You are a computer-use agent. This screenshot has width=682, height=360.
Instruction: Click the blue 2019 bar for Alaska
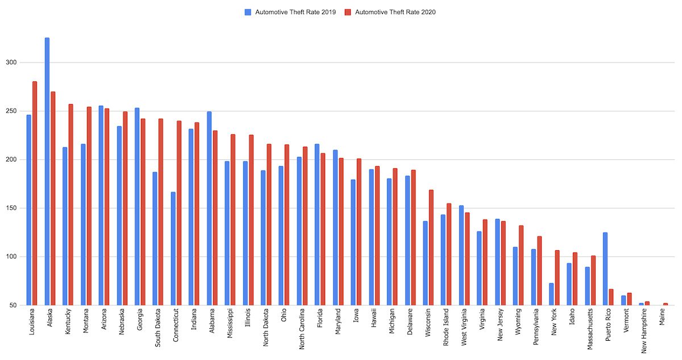[x=47, y=171]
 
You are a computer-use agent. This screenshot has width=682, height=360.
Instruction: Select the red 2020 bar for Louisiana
[x=35, y=193]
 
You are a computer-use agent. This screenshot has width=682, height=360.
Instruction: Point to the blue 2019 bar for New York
[x=551, y=294]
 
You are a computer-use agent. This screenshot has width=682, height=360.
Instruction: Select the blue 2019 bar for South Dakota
[x=155, y=238]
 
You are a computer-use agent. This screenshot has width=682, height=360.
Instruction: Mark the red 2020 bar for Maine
[x=665, y=304]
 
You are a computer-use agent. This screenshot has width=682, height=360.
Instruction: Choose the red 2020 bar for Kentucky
[x=71, y=205]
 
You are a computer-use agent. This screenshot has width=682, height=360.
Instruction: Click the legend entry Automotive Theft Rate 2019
[x=290, y=12]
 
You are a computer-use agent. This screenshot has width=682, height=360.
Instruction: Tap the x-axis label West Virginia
[x=464, y=327]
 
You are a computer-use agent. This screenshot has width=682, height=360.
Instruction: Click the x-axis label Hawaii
[x=374, y=319]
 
